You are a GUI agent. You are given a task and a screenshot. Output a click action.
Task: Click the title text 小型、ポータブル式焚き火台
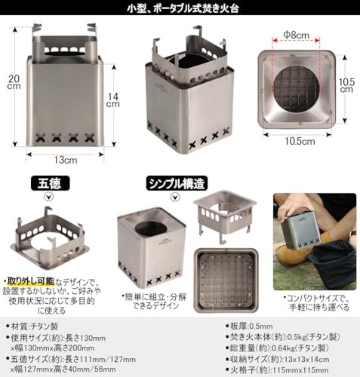click(180, 10)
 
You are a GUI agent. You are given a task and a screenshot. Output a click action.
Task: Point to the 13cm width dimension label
click(64, 160)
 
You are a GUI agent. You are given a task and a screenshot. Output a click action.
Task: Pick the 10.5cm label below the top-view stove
click(300, 140)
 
